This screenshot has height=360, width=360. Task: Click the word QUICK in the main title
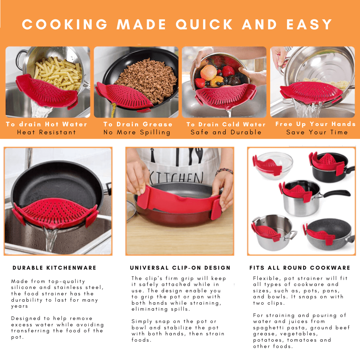[204, 25]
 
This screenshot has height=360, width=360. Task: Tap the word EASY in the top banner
[309, 25]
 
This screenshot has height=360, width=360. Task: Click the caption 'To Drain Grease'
[138, 124]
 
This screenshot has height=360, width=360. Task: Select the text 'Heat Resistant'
[46, 132]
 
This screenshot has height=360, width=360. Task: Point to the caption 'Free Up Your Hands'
[315, 124]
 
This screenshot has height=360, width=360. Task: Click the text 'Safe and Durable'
[226, 132]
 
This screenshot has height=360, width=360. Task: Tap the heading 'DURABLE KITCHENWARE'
[54, 268]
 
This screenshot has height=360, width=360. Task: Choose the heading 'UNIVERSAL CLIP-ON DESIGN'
[180, 268]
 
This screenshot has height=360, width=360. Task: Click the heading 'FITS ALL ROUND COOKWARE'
[300, 268]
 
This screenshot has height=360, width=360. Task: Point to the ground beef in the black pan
[147, 79]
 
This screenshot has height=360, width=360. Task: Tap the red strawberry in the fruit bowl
[228, 71]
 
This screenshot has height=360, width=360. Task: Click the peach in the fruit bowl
[208, 73]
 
